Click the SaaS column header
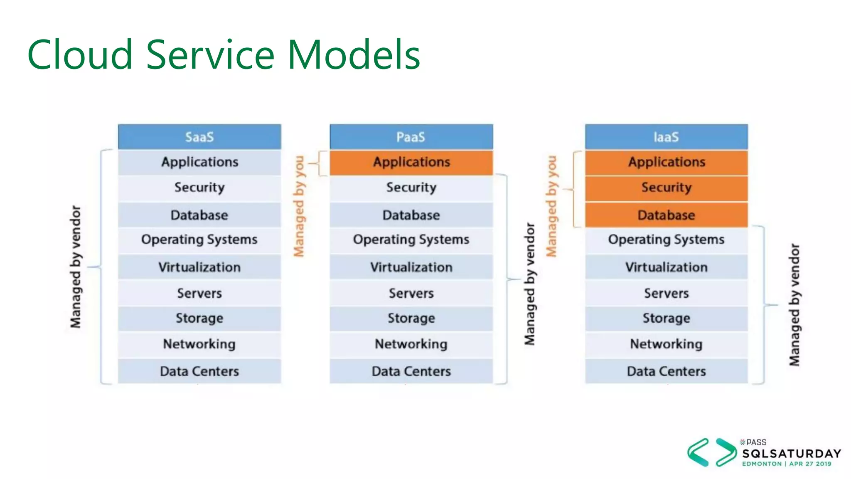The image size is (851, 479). tap(199, 137)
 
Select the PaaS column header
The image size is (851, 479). tap(411, 137)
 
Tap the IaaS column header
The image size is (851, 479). tap(666, 137)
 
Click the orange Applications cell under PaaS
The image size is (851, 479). tap(411, 162)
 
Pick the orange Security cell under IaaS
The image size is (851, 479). tap(666, 188)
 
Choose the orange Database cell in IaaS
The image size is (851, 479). tap(666, 215)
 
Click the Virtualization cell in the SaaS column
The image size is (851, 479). tap(199, 267)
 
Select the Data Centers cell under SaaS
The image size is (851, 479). tap(199, 371)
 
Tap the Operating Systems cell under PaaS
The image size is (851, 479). tap(411, 239)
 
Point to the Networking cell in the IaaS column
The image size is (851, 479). tap(666, 344)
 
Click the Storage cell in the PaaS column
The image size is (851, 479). tap(411, 318)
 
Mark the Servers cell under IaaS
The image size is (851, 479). tap(666, 293)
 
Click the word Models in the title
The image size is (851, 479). tap(354, 55)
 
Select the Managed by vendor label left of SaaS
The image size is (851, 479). tap(76, 267)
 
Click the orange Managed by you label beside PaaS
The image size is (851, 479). tap(299, 206)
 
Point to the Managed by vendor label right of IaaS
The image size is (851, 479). tap(794, 305)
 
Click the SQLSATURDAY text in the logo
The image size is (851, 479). tap(792, 453)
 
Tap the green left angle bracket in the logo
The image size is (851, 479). tap(698, 452)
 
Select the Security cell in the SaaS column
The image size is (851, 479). tap(199, 188)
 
